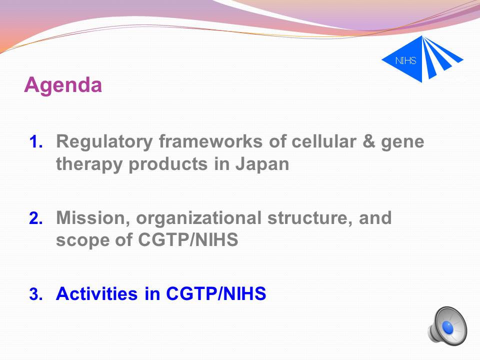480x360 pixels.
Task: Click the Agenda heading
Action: [63, 85]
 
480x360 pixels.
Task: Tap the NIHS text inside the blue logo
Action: [405, 60]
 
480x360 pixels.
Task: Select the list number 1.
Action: [36, 142]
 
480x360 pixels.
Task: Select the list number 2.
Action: [36, 218]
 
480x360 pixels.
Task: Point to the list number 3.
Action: [36, 294]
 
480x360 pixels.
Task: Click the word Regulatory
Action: [104, 142]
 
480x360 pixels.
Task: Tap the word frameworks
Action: [210, 141]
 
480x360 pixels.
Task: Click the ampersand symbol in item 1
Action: [368, 141]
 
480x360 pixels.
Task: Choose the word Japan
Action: [262, 164]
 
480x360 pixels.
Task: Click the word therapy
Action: [89, 164]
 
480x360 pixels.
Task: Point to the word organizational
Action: [198, 218]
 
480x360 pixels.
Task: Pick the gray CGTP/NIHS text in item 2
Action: [188, 239]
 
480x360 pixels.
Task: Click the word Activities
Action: [96, 293]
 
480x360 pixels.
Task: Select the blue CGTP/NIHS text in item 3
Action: [216, 293]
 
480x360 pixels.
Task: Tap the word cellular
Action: [324, 141]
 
